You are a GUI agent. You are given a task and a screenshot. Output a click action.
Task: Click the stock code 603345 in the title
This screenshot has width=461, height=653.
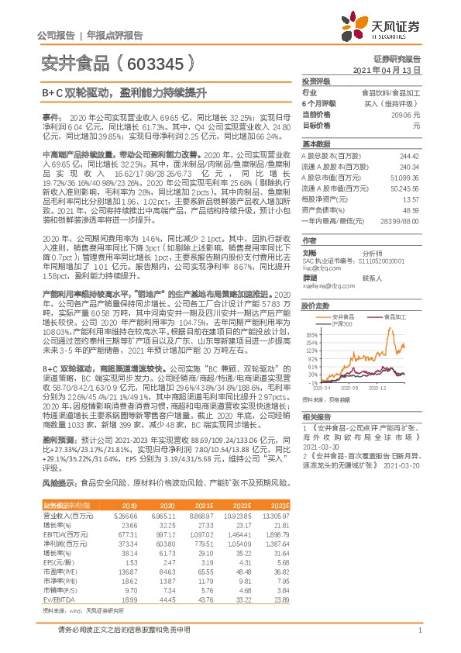pyautogui.click(x=160, y=63)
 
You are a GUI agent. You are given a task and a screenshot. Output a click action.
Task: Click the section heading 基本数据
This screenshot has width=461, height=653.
pyautogui.click(x=316, y=144)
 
